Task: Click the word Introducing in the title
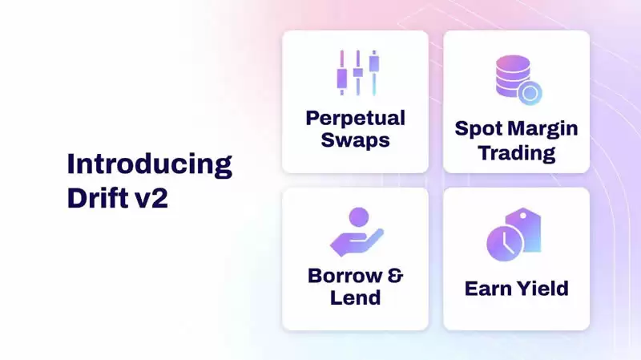click(x=149, y=164)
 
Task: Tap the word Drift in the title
click(x=94, y=197)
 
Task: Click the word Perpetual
click(x=355, y=118)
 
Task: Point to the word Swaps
click(x=355, y=140)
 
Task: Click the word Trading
click(x=516, y=152)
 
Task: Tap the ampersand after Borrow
click(x=395, y=276)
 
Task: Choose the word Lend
click(x=355, y=297)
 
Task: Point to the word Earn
click(x=489, y=288)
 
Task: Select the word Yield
click(x=543, y=288)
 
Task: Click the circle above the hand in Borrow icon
click(x=358, y=216)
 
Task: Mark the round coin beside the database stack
click(x=529, y=93)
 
